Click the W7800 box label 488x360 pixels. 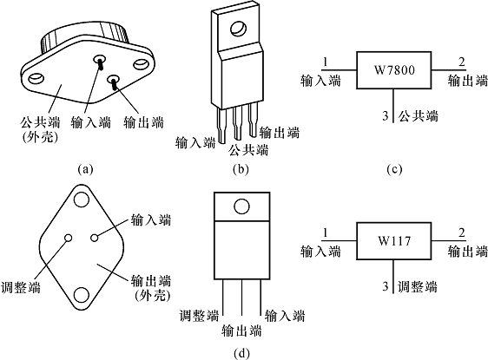[x=394, y=70]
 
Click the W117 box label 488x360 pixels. [x=394, y=240]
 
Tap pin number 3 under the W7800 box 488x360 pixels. [x=386, y=116]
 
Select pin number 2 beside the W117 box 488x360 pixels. [x=462, y=232]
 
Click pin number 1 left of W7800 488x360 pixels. [x=326, y=62]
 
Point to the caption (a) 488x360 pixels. [x=86, y=169]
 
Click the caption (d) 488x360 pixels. [x=241, y=353]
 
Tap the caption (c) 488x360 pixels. [x=394, y=169]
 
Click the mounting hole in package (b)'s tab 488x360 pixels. [x=239, y=29]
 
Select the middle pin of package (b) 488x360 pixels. [x=238, y=124]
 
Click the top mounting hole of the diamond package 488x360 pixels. [x=82, y=200]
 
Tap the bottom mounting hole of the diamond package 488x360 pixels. [x=82, y=295]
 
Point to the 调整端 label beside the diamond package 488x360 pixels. [x=21, y=287]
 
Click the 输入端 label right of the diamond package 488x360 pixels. [x=151, y=219]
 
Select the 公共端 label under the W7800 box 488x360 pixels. [x=419, y=116]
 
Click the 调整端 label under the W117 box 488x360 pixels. [x=418, y=286]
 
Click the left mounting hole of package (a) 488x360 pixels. [x=36, y=78]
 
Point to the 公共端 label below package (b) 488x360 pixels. [x=248, y=150]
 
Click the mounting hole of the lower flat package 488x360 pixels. [x=241, y=206]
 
